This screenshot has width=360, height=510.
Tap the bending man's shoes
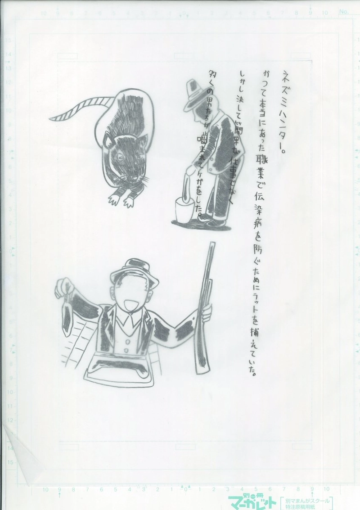coord(211,221)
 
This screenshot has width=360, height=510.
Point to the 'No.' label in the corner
coord(344,12)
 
